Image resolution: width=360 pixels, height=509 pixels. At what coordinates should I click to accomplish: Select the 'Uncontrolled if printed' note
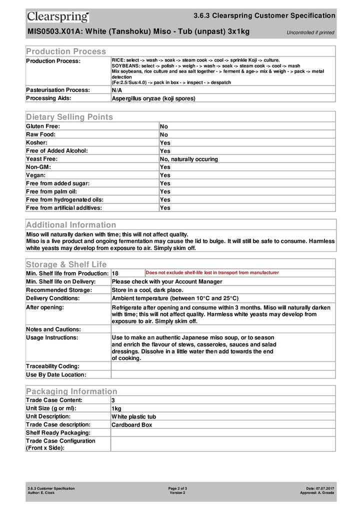[310, 33]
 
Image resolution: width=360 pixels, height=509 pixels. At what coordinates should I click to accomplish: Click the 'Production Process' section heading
[66, 51]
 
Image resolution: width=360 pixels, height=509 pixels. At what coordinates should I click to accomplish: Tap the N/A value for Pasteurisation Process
[117, 90]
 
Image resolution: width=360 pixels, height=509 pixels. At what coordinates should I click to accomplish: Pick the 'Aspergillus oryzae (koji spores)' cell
[153, 98]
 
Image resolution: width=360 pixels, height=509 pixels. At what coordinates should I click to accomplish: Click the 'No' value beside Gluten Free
[164, 126]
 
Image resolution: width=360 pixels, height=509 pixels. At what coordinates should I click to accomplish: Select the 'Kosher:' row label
[37, 142]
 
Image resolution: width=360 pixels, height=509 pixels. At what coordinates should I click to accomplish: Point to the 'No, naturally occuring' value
[189, 159]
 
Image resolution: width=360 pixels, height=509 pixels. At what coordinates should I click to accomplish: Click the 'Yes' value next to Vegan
[165, 175]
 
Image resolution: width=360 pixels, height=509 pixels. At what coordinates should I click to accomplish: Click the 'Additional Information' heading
[71, 225]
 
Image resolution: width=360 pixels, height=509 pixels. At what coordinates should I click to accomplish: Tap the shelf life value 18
[115, 273]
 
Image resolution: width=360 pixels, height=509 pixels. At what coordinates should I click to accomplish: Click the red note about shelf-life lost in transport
[212, 273]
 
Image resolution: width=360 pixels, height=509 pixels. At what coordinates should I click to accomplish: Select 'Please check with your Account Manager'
[167, 281]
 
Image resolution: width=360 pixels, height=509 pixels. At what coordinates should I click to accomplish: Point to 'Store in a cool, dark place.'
[147, 290]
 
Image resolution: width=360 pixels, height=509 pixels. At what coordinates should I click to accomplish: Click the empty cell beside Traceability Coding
[222, 366]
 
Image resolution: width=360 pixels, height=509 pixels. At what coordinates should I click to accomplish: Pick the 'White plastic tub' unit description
[133, 416]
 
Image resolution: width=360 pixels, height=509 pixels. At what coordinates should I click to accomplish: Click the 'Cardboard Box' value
[132, 425]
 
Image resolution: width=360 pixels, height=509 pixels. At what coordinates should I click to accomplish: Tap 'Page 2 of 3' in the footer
[177, 488]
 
